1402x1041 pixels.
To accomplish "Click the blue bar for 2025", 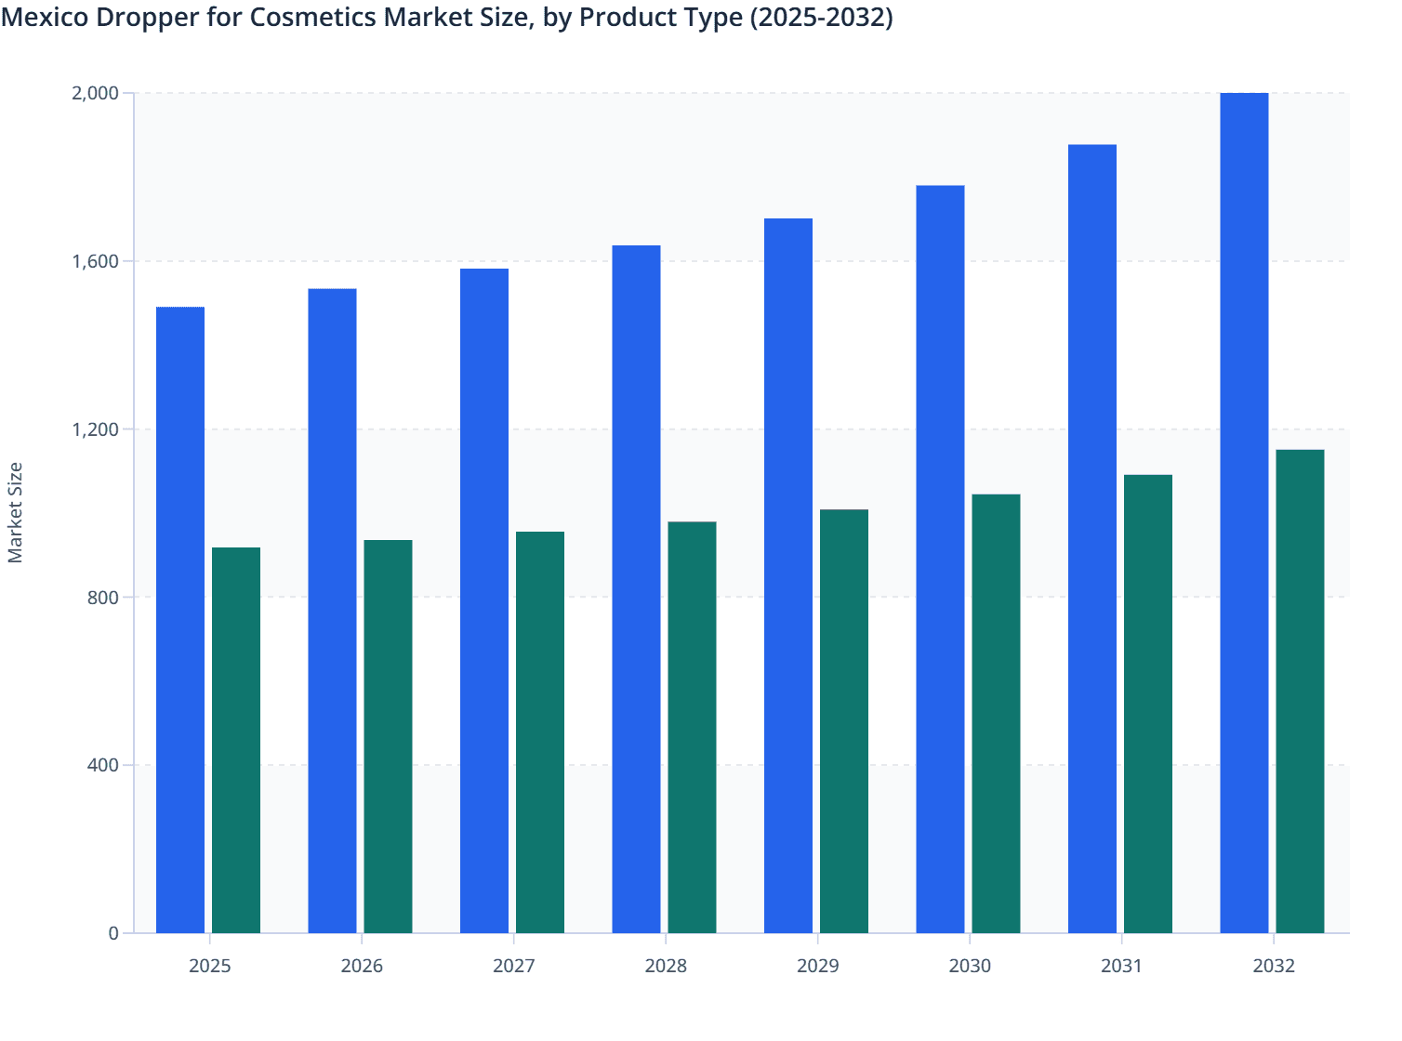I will click(180, 620).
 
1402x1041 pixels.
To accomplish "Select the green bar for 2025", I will click(236, 740).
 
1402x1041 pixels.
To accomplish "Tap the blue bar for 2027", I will click(484, 600).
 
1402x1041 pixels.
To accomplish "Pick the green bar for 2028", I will click(692, 727).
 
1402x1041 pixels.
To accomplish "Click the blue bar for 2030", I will click(940, 559).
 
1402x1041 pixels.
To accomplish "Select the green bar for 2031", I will click(1148, 704).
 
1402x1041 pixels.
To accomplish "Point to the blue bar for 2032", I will click(1244, 513).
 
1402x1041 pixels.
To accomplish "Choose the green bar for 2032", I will click(1300, 692).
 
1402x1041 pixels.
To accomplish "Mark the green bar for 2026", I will click(388, 736).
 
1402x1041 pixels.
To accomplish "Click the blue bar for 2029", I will click(788, 575).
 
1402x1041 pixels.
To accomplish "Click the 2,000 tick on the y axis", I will click(95, 93).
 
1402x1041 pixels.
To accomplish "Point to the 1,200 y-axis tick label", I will click(95, 429).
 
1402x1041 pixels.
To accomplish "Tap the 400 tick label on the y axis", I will click(102, 765).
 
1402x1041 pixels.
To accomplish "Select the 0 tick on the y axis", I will click(113, 933).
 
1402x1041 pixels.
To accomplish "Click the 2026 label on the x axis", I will click(362, 966).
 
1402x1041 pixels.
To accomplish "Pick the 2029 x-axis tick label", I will click(818, 966).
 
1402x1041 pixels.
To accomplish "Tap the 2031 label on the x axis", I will click(1122, 966).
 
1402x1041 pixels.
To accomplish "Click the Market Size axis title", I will click(15, 512).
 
